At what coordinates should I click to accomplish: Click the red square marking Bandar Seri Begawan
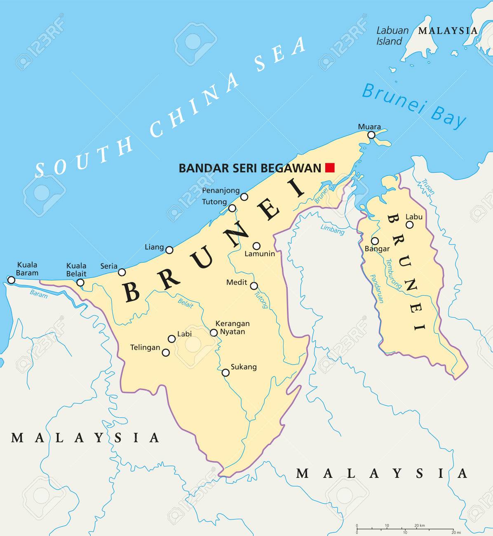[330, 167]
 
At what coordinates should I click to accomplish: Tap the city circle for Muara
[371, 135]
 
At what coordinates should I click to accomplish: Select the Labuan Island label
[392, 36]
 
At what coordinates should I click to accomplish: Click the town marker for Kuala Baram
[11, 280]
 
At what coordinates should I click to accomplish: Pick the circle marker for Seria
[122, 272]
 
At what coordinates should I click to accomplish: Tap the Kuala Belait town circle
[80, 282]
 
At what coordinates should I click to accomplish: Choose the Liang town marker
[169, 249]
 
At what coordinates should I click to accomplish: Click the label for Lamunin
[260, 254]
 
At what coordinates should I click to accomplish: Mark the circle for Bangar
[375, 241]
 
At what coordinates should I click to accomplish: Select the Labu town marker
[409, 225]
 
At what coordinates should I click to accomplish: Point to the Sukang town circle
[225, 373]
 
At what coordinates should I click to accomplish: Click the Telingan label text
[145, 348]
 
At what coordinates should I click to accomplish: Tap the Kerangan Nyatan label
[232, 328]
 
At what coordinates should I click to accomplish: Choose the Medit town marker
[254, 286]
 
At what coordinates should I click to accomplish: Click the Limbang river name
[332, 230]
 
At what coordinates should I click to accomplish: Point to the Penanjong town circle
[244, 197]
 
